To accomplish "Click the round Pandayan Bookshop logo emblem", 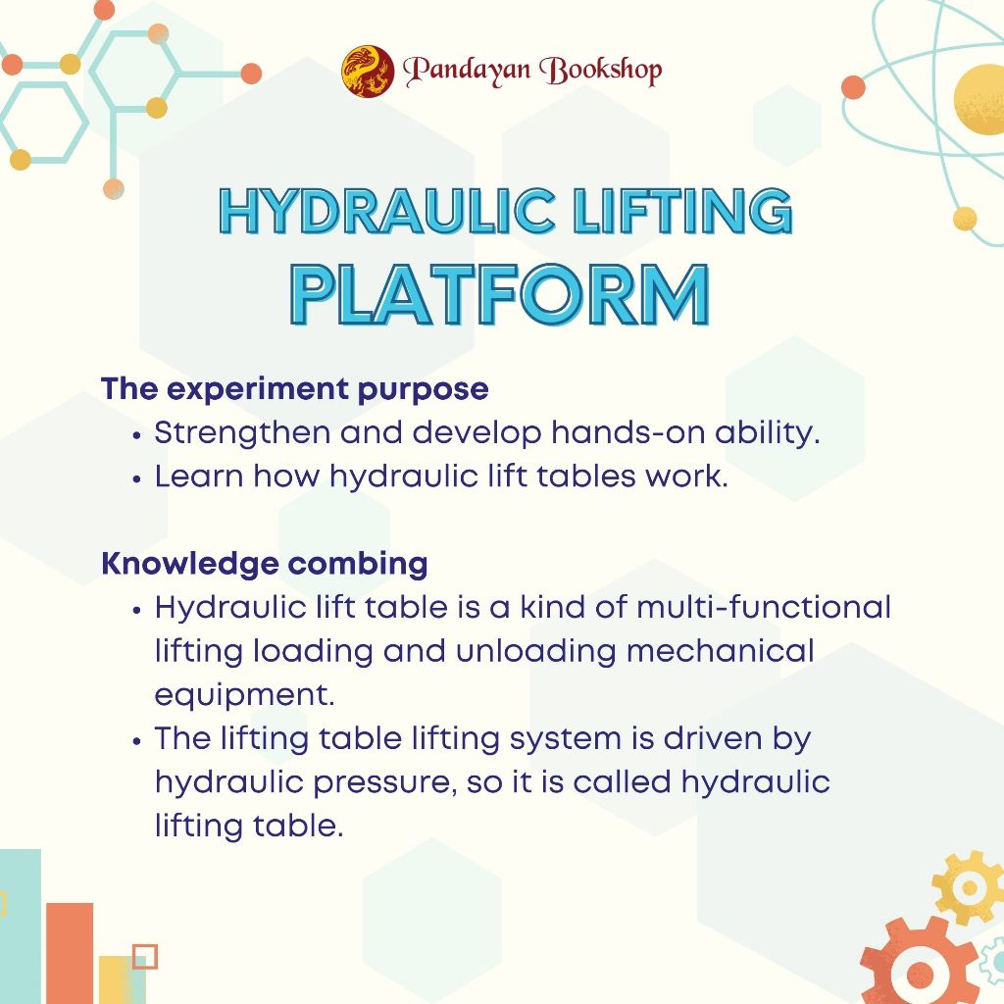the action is pos(368,71).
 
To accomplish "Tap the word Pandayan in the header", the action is pos(467,70).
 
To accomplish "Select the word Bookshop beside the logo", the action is pos(601,71).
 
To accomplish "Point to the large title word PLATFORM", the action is pos(500,294).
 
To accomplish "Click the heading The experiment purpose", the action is pos(294,389).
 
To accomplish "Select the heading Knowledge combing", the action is pos(265,564).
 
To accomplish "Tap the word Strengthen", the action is pos(243,433).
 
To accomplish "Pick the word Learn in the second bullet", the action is pos(199,477).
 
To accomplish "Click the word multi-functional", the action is pos(763,607).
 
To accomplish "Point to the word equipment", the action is pos(244,695).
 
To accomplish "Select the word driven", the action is pos(713,738).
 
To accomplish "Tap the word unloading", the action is pos(536,652).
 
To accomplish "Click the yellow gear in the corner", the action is pos(969,887).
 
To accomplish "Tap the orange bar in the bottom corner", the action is pos(70,953).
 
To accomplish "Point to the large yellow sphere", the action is pos(979,100).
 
